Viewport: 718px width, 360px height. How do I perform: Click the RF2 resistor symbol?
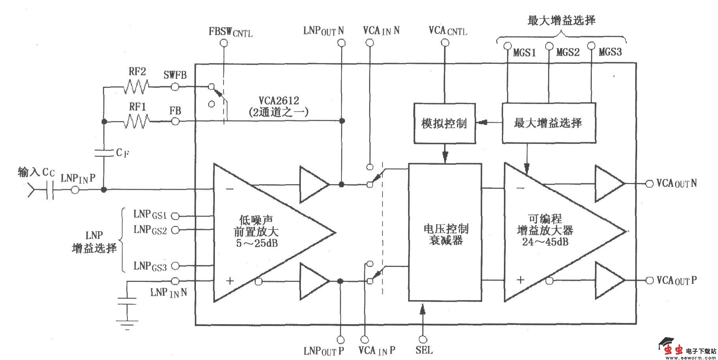click(136, 86)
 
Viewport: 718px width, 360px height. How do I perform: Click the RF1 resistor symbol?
click(136, 121)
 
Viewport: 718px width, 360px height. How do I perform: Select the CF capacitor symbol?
click(104, 153)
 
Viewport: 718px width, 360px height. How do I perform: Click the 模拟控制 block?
click(444, 123)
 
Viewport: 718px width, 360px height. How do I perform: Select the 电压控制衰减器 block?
click(445, 233)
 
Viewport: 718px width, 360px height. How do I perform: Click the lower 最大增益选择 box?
click(548, 123)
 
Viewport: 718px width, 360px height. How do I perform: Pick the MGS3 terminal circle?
click(591, 46)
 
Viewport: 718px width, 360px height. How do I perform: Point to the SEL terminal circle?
click(423, 339)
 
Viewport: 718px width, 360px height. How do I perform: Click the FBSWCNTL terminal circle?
click(224, 43)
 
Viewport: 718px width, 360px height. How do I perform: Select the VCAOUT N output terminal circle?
click(649, 184)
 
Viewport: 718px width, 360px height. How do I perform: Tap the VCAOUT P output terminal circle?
click(649, 280)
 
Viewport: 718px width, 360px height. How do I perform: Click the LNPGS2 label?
click(150, 229)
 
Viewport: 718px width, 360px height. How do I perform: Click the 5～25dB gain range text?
click(257, 243)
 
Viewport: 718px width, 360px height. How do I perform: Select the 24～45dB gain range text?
click(545, 242)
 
